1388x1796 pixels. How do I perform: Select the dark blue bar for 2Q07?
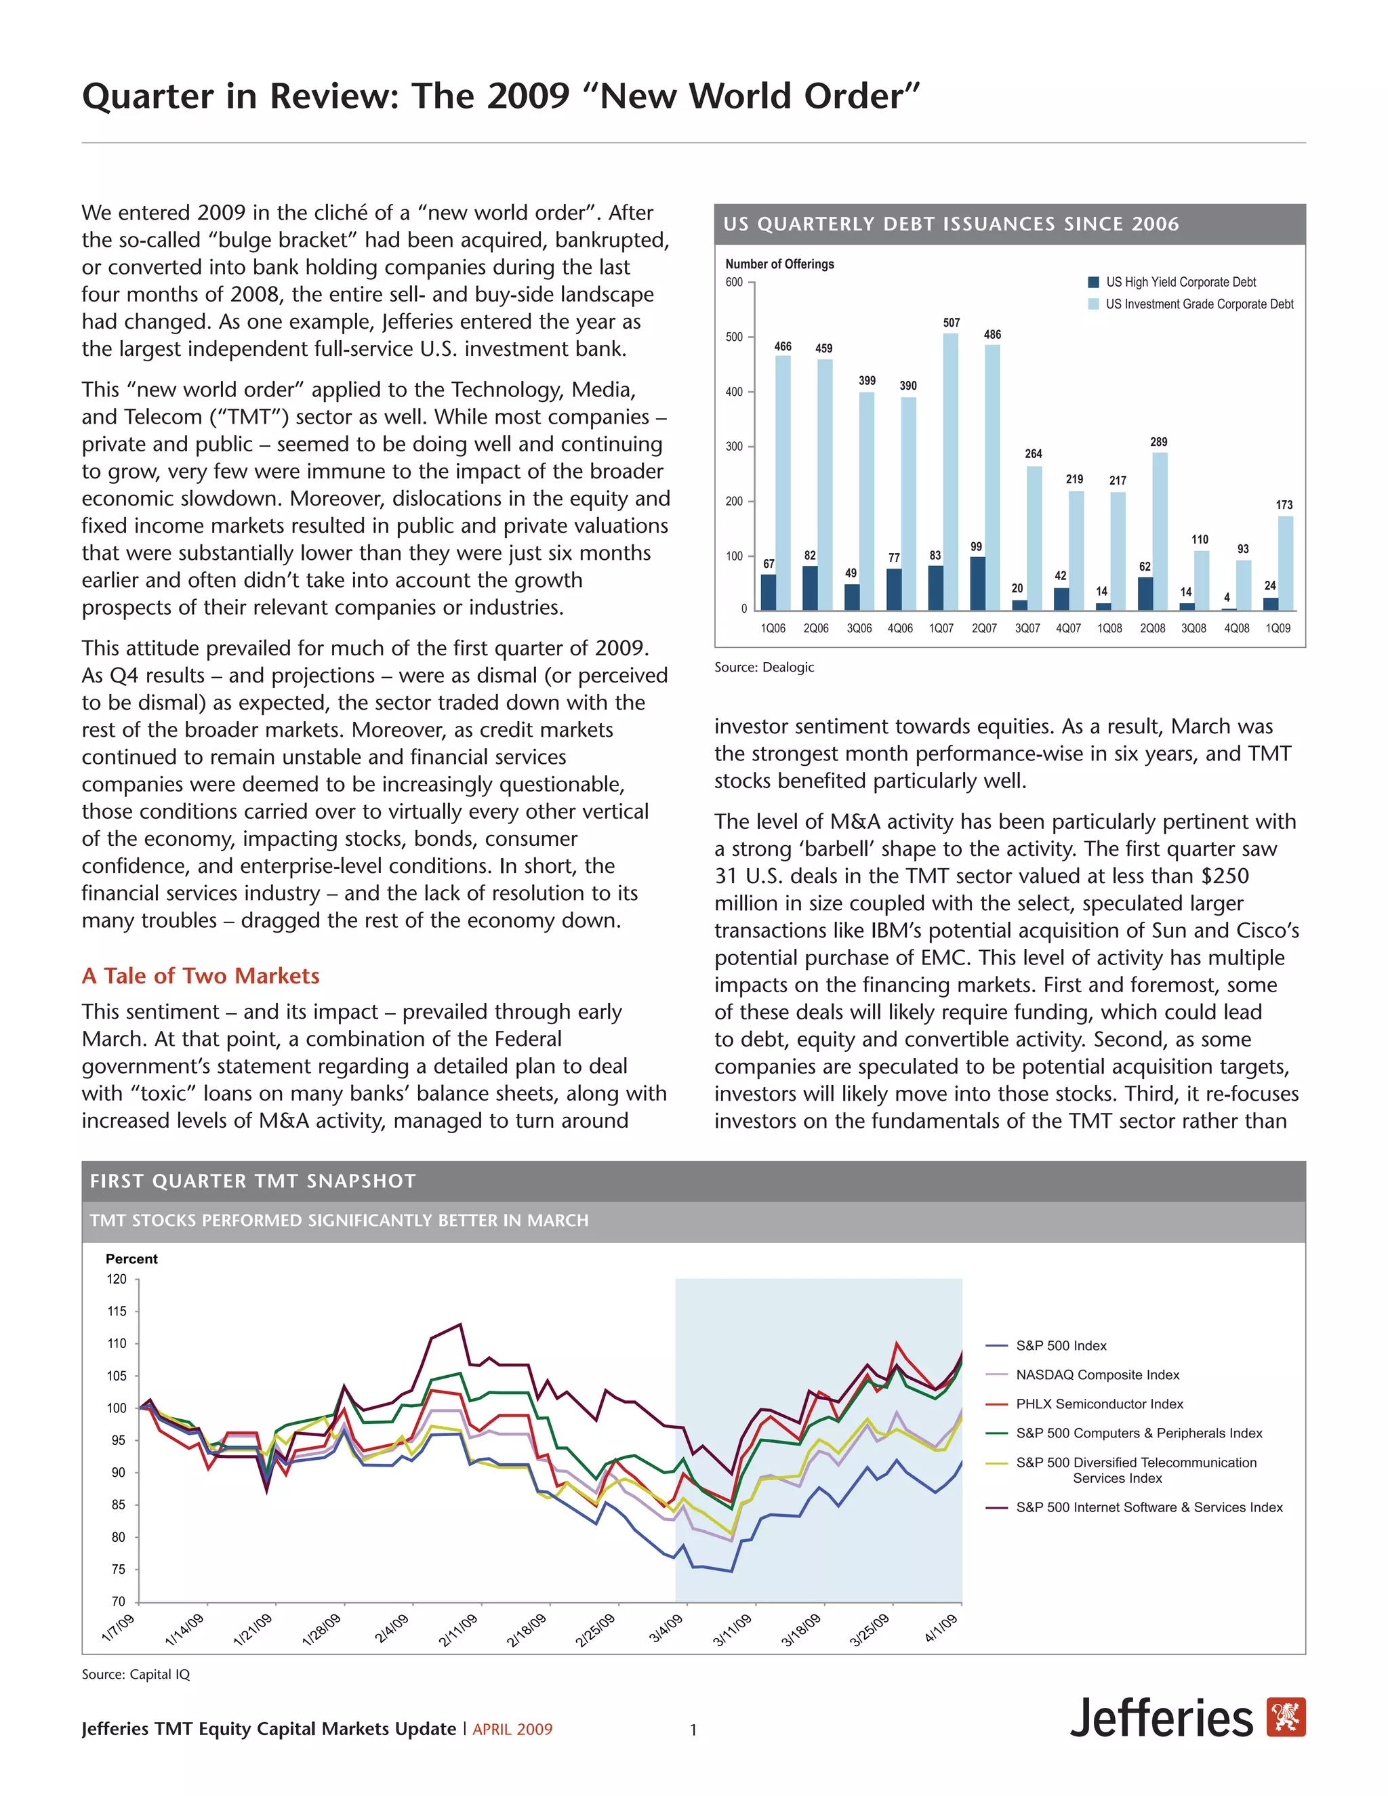click(977, 583)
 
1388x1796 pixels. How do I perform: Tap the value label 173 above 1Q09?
click(1284, 505)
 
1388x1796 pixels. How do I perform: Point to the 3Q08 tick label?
click(1193, 628)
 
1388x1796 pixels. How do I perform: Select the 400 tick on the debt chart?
click(733, 392)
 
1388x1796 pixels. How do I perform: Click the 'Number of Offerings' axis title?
click(779, 264)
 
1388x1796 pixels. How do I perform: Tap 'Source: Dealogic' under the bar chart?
click(764, 667)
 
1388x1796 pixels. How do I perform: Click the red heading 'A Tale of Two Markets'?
click(201, 975)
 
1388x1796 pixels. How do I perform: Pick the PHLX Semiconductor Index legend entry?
click(1099, 1404)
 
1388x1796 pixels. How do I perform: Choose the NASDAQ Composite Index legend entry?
click(1097, 1375)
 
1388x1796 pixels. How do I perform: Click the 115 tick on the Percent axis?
click(117, 1311)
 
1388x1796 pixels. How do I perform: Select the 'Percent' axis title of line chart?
click(131, 1259)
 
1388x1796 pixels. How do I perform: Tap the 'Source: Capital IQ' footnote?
click(136, 1674)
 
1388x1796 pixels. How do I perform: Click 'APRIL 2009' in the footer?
click(512, 1730)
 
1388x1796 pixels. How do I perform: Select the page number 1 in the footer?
click(693, 1730)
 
